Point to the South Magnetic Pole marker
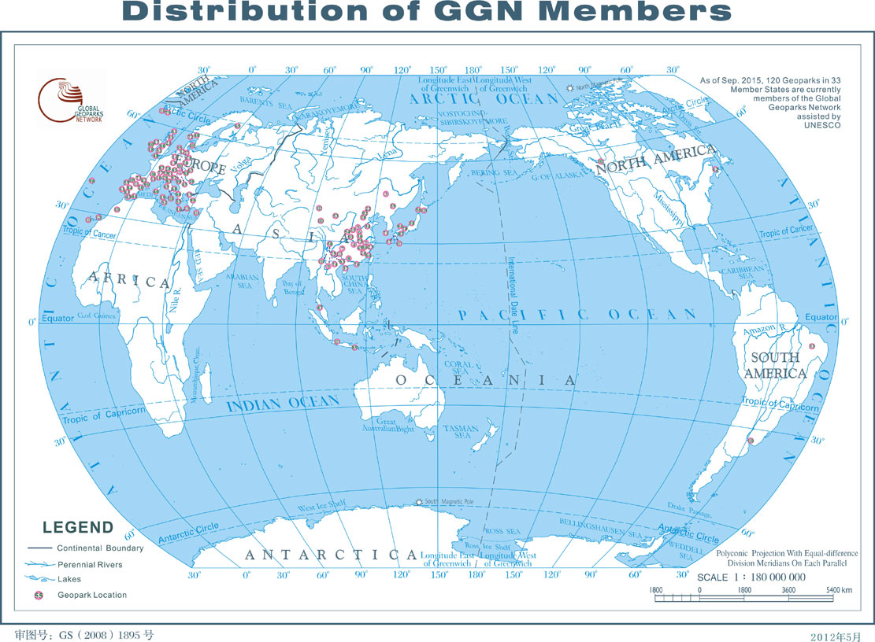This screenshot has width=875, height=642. pos(418,501)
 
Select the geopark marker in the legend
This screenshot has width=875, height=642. pos(38,595)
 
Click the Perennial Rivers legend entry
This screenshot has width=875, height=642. pos(89,565)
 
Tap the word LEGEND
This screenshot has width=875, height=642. pos(78,528)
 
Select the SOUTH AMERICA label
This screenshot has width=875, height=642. pos(775,365)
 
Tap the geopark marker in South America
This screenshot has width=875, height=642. pos(751,441)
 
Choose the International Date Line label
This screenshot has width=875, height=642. pos(513,295)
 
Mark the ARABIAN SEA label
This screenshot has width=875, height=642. pos(243,282)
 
